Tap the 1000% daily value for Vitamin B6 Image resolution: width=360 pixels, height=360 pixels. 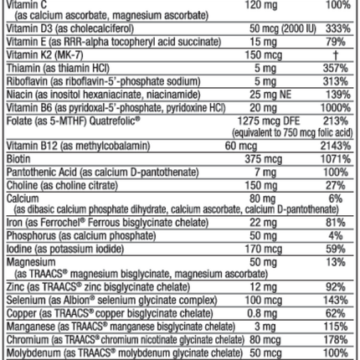(338, 110)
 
